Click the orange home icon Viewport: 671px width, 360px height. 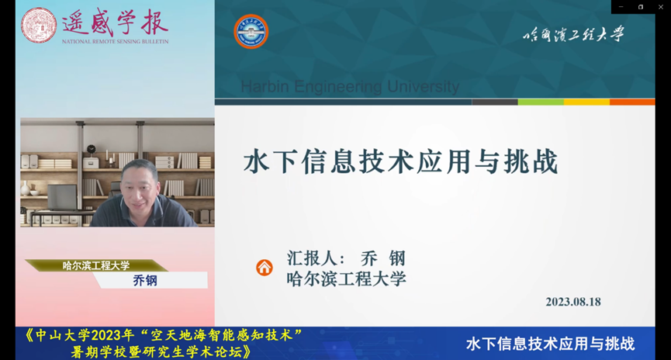(x=265, y=268)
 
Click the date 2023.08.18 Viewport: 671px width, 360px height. (x=573, y=302)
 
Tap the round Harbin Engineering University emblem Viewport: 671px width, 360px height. (x=251, y=32)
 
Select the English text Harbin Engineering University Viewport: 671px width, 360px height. (x=350, y=86)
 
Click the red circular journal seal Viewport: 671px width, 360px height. (x=39, y=26)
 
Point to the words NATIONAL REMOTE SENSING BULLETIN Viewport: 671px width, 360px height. (x=115, y=42)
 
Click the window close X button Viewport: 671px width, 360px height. (x=660, y=7)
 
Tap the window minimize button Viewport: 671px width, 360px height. (x=621, y=7)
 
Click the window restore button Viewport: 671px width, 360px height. (x=641, y=7)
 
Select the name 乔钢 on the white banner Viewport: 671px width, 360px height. (x=145, y=280)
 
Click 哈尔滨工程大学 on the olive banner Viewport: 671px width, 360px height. (x=96, y=266)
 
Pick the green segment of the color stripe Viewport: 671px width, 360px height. (x=541, y=102)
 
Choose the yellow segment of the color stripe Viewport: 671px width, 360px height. (x=586, y=102)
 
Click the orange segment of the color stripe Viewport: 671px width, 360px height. (x=632, y=102)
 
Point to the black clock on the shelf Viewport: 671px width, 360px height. (x=92, y=150)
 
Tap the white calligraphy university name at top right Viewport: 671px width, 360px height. (x=573, y=34)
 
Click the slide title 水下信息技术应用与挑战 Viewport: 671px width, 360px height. (x=401, y=161)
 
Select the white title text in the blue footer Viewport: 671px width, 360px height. (x=550, y=344)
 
